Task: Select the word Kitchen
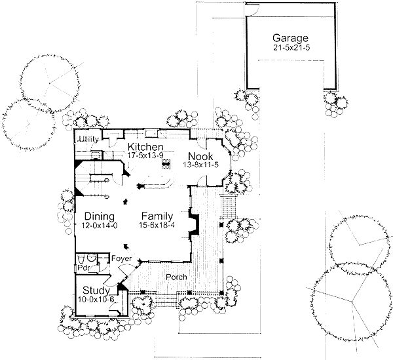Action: pos(145,146)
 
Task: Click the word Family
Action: pos(159,216)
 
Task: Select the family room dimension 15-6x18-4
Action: pos(159,226)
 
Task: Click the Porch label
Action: pos(176,277)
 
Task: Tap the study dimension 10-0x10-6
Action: pos(96,300)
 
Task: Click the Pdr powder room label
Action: pos(83,268)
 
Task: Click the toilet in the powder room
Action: pos(92,258)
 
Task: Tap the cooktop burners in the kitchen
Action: pos(166,163)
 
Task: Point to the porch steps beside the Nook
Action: pos(229,209)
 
